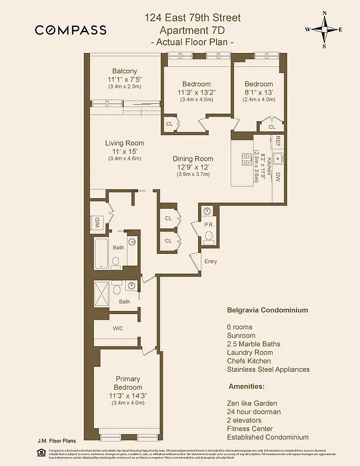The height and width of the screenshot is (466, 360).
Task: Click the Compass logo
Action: click(x=70, y=30)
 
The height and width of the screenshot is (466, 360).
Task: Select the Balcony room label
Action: click(x=125, y=71)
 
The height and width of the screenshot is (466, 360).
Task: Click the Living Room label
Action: click(x=125, y=143)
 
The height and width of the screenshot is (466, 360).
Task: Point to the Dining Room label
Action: click(x=193, y=158)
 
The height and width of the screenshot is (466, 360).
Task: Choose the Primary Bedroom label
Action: click(x=128, y=383)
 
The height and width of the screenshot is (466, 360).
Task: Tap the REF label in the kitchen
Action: click(x=278, y=141)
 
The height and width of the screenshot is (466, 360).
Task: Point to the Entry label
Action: click(x=210, y=262)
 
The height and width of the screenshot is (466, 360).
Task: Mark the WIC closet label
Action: click(x=118, y=328)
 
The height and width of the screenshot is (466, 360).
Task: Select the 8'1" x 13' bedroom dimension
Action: click(x=259, y=92)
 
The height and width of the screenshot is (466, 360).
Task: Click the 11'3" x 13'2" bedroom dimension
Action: click(x=196, y=92)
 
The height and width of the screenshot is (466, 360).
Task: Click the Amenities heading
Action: click(x=247, y=386)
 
